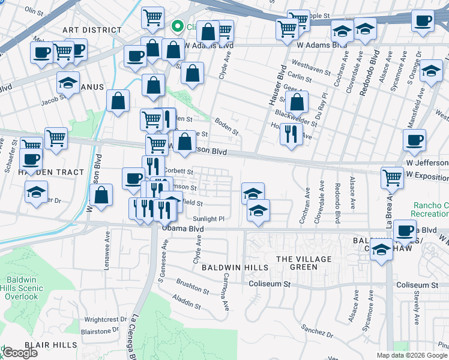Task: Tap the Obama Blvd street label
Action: (x=182, y=229)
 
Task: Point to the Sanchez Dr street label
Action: (x=313, y=329)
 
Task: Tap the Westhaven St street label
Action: (x=309, y=62)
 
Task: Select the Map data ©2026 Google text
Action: (x=412, y=355)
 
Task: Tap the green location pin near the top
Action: (x=178, y=26)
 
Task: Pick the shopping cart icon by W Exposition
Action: (x=392, y=176)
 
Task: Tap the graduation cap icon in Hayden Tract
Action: (x=37, y=193)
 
